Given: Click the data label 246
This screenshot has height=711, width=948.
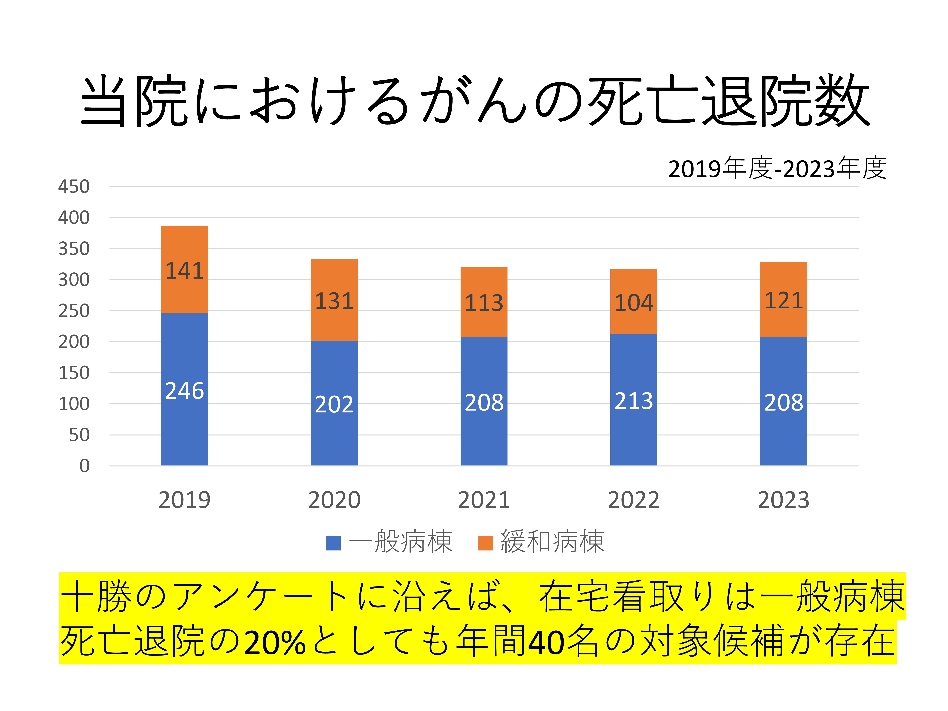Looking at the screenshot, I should click(184, 391).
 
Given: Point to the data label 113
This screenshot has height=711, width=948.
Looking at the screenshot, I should click(484, 303).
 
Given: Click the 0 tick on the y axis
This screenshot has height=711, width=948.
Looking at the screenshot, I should click(84, 466).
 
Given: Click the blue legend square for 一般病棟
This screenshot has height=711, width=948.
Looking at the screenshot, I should click(333, 543).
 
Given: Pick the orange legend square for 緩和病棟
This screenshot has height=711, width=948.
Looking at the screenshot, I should click(485, 543).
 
